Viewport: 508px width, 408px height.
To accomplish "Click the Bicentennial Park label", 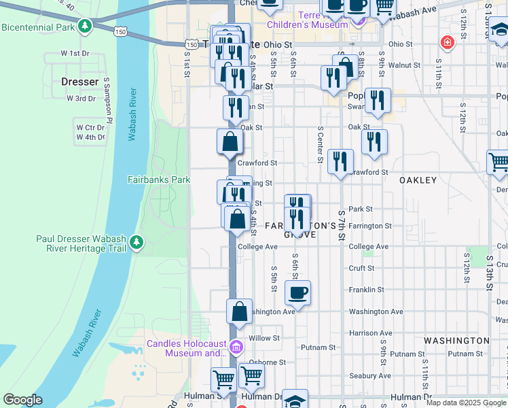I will point(37,27).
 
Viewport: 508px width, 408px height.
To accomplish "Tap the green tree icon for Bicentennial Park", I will point(84,27).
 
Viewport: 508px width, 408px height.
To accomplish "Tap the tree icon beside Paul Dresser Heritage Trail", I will point(137,243).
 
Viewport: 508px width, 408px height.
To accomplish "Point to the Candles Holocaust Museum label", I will point(187,348).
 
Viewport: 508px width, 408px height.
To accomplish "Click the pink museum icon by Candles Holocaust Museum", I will point(236,348).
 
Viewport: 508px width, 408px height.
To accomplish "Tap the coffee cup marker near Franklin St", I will point(297,294).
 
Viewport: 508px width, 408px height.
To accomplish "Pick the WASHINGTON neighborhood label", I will point(456,340).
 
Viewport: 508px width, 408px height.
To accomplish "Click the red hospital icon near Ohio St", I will point(447,43).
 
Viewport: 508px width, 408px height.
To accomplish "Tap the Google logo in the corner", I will point(22,400).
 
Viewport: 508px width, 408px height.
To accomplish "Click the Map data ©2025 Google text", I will point(467,403).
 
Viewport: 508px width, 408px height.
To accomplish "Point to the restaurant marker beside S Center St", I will point(340,162).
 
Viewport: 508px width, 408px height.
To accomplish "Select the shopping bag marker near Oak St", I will point(230,141).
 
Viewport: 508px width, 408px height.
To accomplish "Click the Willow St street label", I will point(264,338).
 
